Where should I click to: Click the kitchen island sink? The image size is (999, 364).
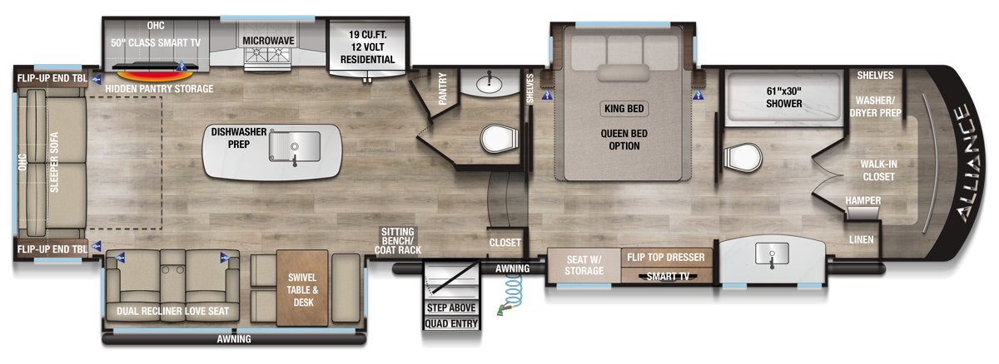(x=295, y=147)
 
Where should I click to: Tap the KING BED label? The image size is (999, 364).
(x=624, y=109)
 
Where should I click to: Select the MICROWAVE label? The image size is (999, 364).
(x=268, y=41)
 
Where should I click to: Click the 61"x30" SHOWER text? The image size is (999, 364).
(x=784, y=97)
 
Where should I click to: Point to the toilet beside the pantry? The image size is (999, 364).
(x=499, y=138)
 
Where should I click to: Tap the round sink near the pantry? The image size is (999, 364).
(x=490, y=83)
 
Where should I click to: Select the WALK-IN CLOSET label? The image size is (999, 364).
(x=878, y=170)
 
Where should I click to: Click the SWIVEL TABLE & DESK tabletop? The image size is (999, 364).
(x=302, y=288)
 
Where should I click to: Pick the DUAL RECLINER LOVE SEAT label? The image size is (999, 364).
(x=172, y=311)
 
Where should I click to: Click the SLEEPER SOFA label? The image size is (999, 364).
(x=54, y=162)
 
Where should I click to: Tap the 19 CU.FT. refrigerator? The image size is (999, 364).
(x=367, y=47)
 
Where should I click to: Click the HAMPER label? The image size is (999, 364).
(x=863, y=200)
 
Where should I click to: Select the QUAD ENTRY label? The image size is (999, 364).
(x=451, y=323)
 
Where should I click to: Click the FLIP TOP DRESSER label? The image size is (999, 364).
(x=666, y=257)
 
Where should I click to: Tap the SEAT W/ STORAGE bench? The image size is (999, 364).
(x=584, y=265)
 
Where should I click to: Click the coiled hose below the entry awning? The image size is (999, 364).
(x=511, y=292)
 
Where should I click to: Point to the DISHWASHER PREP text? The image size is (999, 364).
(x=239, y=138)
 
